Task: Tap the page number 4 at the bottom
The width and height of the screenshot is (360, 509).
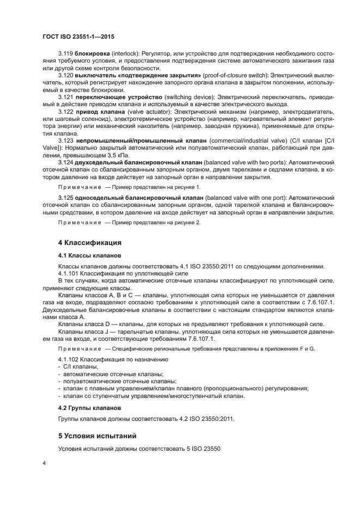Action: pyautogui.click(x=45, y=462)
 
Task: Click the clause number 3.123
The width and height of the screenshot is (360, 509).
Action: pyautogui.click(x=65, y=140)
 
